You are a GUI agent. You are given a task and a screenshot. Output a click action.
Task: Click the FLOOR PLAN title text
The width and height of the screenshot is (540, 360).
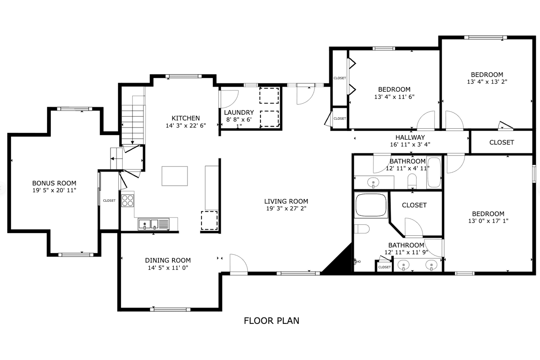click(271, 321)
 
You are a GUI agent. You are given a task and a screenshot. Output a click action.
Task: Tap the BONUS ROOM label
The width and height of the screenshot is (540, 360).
click(54, 183)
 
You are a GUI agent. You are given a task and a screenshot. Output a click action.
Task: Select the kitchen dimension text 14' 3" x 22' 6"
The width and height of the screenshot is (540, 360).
click(186, 126)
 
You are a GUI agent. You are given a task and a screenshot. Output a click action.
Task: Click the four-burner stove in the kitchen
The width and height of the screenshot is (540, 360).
click(128, 200)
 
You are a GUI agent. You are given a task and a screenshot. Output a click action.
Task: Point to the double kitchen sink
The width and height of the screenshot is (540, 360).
click(148, 224)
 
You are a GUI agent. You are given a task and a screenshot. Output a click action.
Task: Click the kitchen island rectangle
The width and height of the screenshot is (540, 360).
click(175, 176)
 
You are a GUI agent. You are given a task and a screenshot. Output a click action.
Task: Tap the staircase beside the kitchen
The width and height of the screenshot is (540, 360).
click(132, 121)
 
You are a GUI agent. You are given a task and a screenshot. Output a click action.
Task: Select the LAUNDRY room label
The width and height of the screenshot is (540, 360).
click(239, 113)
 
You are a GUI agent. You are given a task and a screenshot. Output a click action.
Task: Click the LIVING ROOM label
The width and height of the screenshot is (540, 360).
click(286, 201)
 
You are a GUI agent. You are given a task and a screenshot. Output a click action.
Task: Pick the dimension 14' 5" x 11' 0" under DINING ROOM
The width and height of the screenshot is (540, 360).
click(168, 268)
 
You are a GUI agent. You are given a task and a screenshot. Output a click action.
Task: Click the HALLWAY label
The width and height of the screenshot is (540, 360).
click(410, 138)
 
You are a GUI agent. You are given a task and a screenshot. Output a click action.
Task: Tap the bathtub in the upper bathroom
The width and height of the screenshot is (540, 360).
click(434, 172)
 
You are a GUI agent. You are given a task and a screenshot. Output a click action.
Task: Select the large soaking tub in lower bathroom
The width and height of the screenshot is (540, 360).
click(371, 205)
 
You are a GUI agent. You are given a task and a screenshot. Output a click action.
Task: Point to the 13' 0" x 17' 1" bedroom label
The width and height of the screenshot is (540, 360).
click(488, 221)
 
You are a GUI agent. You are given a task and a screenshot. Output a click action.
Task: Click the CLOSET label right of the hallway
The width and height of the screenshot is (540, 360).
click(501, 142)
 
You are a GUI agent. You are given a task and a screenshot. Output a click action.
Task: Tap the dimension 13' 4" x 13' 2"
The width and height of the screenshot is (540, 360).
click(487, 82)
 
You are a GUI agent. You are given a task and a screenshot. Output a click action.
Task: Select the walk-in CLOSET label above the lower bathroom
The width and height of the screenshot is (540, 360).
click(414, 205)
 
